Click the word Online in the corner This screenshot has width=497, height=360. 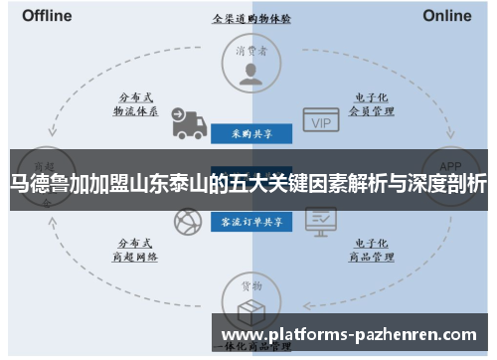point(447,16)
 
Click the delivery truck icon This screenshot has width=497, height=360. point(189,123)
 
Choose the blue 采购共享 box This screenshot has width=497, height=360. point(250,132)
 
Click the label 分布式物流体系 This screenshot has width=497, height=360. point(134,104)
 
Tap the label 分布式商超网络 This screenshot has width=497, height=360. point(134,250)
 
